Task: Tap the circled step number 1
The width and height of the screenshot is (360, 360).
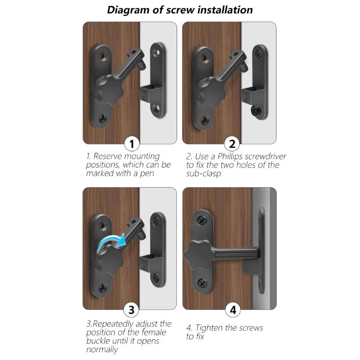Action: pos(131,144)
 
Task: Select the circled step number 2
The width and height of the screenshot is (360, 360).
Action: pos(232,144)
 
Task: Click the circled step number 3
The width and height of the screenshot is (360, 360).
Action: pos(131,310)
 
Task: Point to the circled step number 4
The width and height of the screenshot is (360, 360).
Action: pos(232,310)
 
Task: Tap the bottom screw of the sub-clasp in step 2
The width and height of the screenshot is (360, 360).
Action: pos(255,109)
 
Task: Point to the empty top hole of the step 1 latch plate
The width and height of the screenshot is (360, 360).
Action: pos(103,58)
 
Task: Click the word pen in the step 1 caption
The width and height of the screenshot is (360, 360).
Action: pos(141,173)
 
